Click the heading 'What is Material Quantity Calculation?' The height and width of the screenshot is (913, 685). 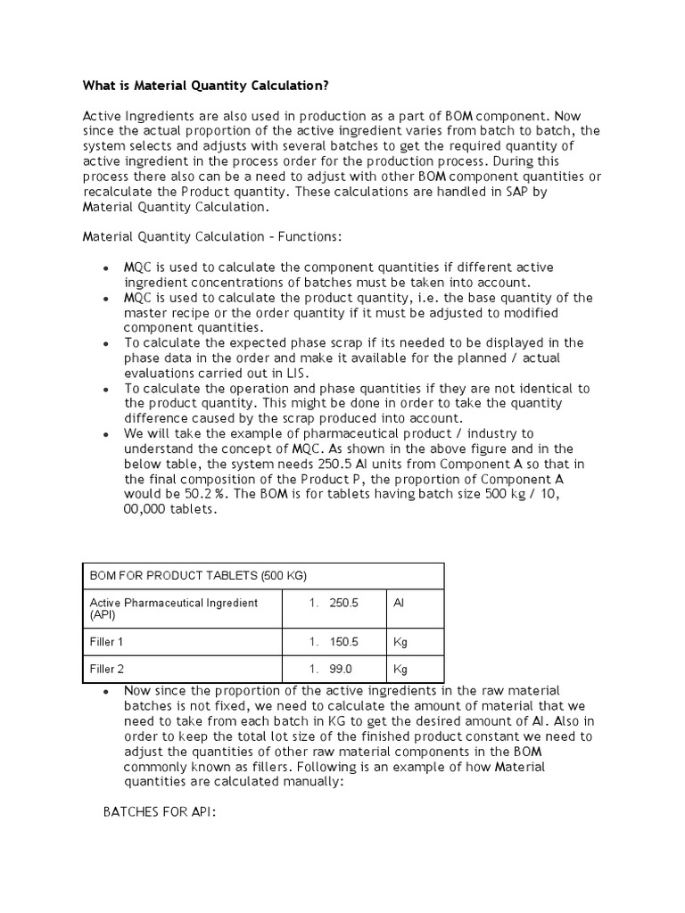(x=206, y=86)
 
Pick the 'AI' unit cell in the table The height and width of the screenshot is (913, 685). (x=399, y=603)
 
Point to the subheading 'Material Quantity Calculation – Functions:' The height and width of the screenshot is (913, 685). (x=212, y=237)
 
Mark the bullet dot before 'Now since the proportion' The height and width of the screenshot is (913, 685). (x=106, y=692)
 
